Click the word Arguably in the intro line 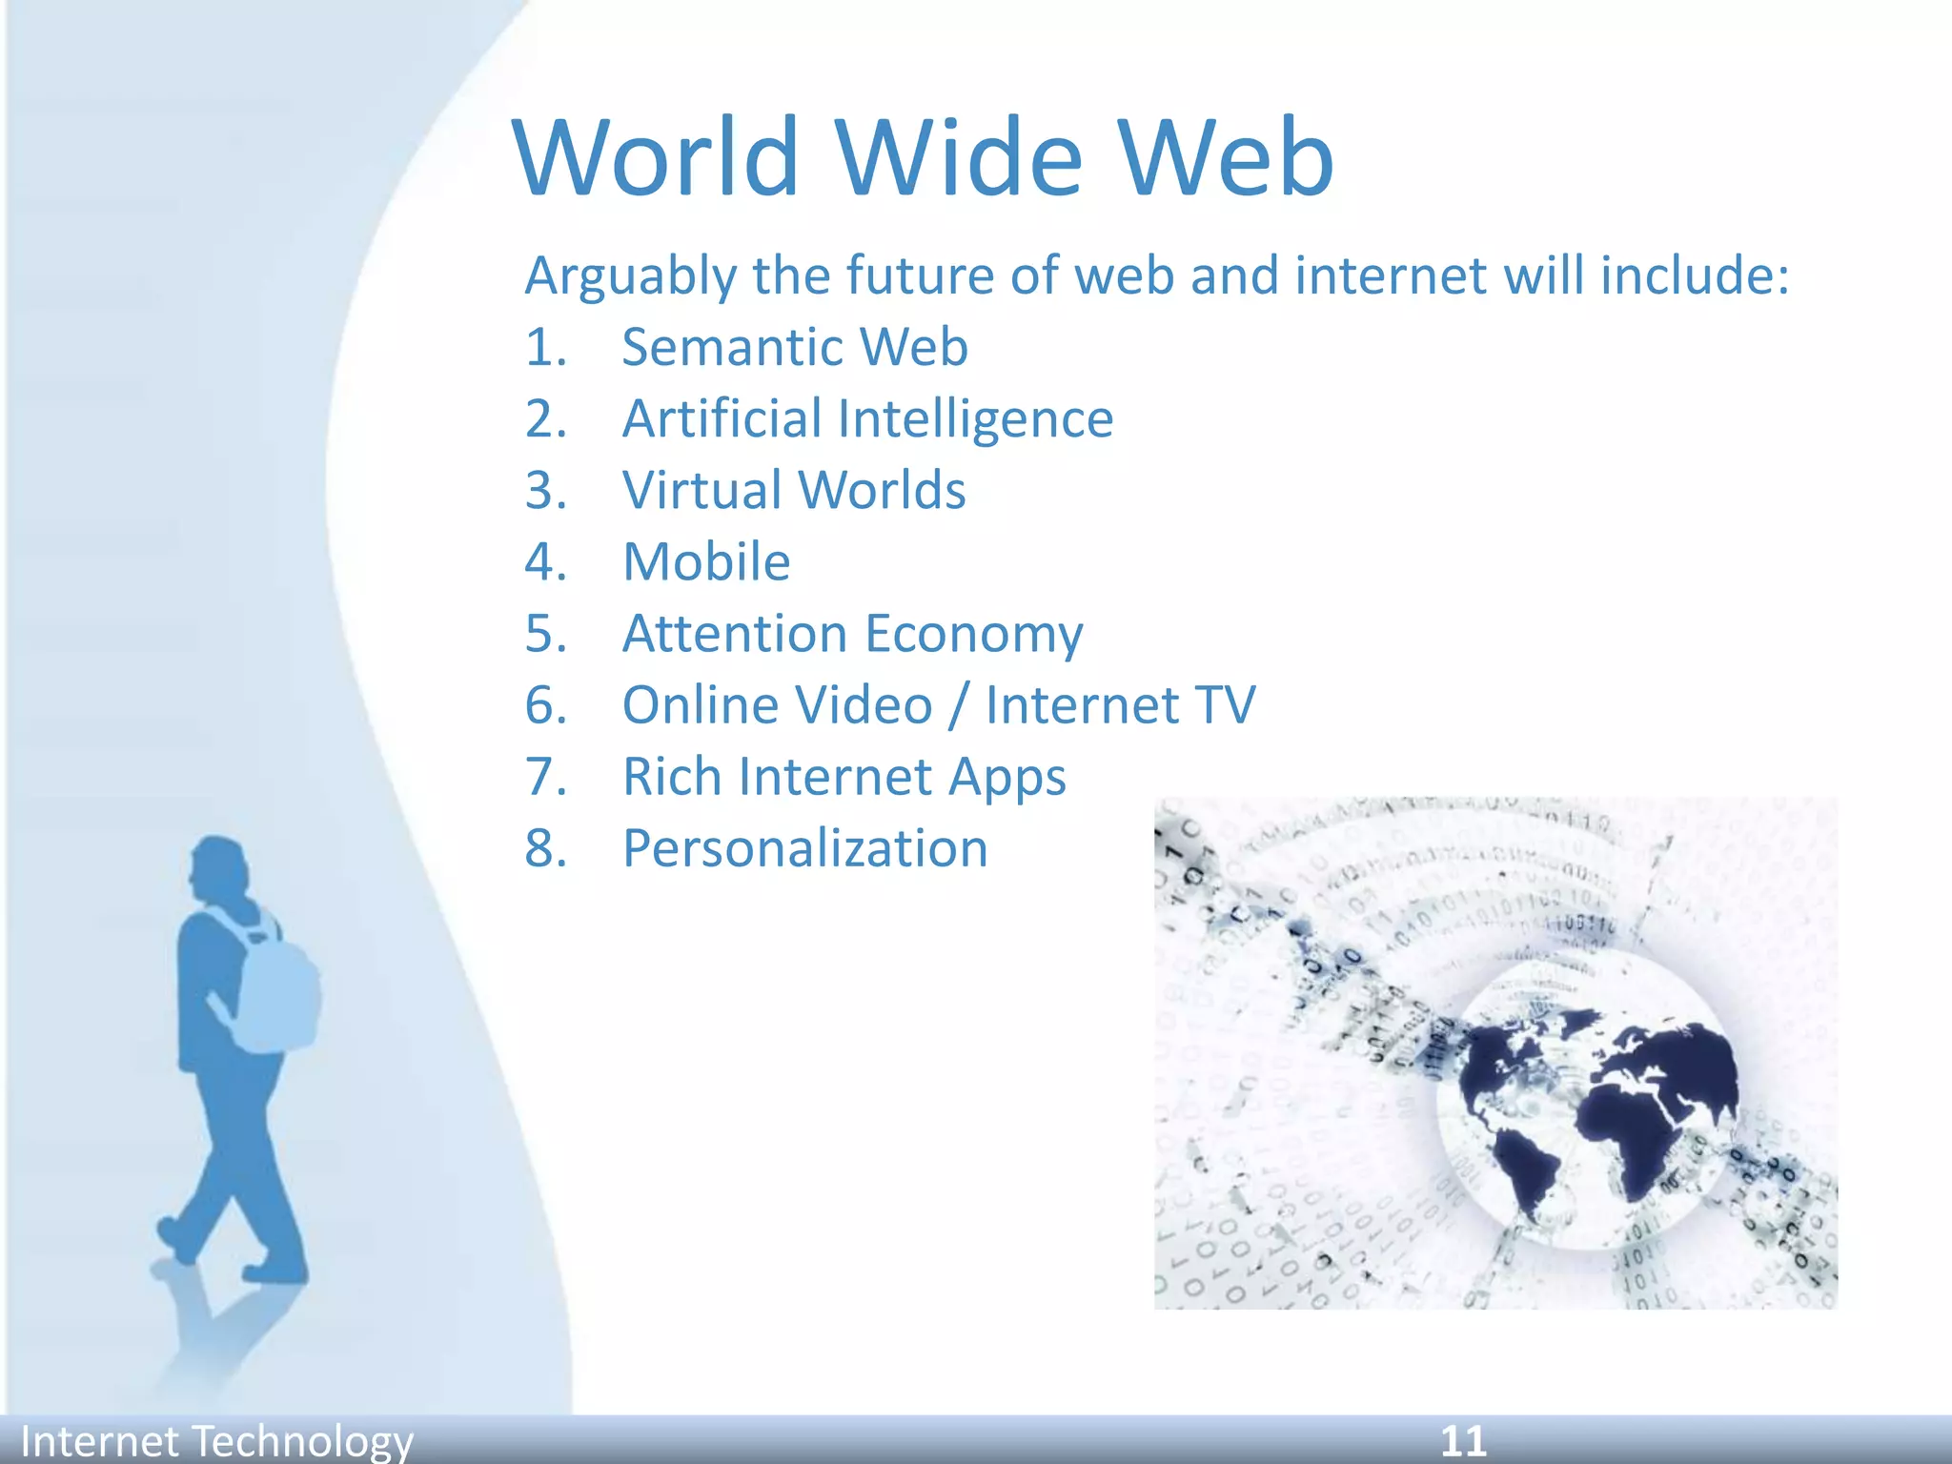tap(630, 276)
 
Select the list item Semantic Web tap(794, 346)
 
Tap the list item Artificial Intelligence tap(867, 418)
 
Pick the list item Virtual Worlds tap(794, 490)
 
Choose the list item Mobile tap(706, 561)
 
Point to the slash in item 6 tap(959, 705)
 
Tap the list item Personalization tap(805, 848)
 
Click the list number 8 tap(545, 848)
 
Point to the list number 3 tap(545, 490)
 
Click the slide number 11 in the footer tap(1463, 1440)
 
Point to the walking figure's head tap(217, 867)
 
